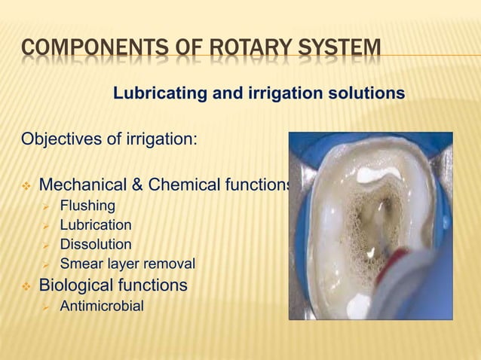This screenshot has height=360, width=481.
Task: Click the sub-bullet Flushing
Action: (87, 206)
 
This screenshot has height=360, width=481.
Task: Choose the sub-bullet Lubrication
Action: (95, 225)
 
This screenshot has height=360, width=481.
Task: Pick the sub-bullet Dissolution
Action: (95, 245)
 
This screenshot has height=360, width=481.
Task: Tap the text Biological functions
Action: (113, 285)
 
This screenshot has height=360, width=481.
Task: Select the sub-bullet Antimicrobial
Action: (100, 307)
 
